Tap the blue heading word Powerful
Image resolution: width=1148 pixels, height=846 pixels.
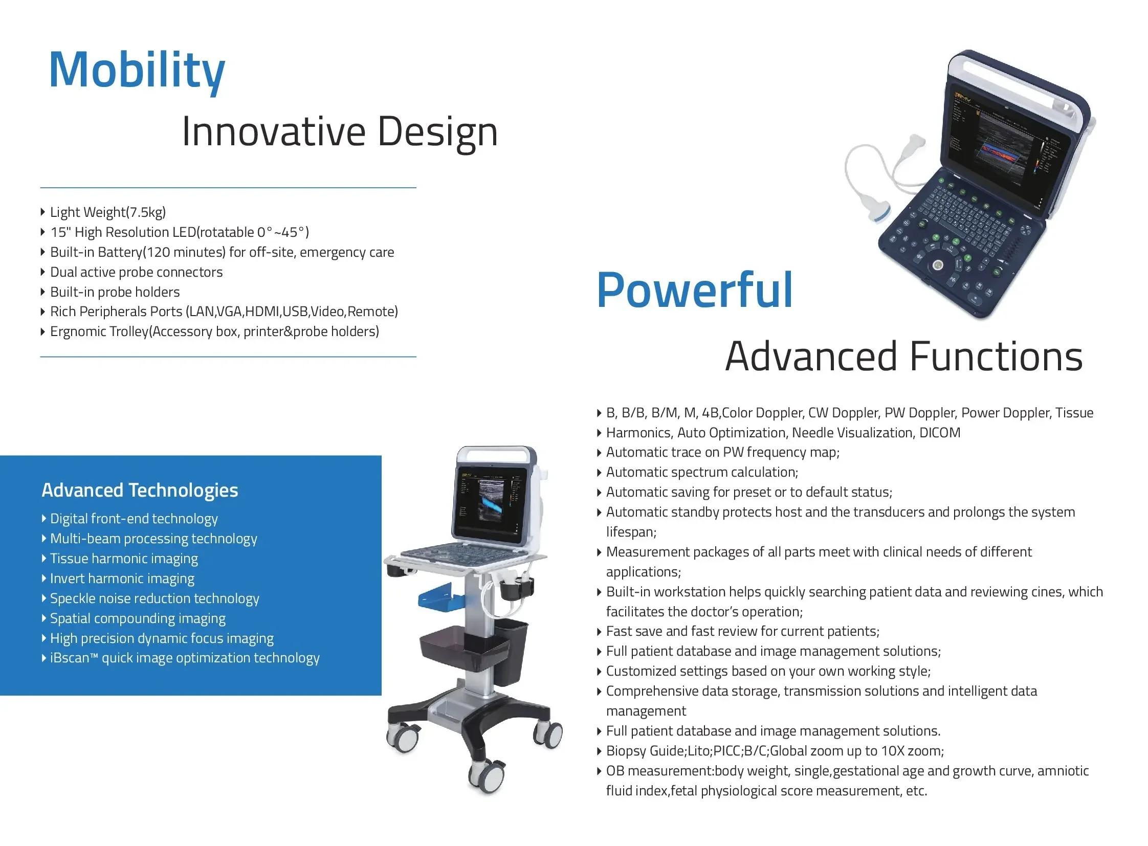click(x=695, y=291)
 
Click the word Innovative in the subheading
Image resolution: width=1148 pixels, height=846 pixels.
click(x=274, y=131)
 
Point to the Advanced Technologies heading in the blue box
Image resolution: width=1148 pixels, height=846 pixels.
click(x=140, y=490)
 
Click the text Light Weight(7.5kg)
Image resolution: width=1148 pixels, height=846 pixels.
click(x=108, y=212)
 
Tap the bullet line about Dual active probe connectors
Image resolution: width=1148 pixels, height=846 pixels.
click(x=136, y=272)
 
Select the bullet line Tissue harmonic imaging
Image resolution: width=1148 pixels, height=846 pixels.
click(x=124, y=559)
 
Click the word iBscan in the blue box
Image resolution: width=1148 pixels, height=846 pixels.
click(x=70, y=658)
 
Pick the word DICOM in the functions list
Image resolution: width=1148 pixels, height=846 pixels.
click(x=939, y=433)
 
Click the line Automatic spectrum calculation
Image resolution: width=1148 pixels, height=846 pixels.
click(x=702, y=472)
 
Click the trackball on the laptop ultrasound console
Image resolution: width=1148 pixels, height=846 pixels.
click(x=938, y=265)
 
